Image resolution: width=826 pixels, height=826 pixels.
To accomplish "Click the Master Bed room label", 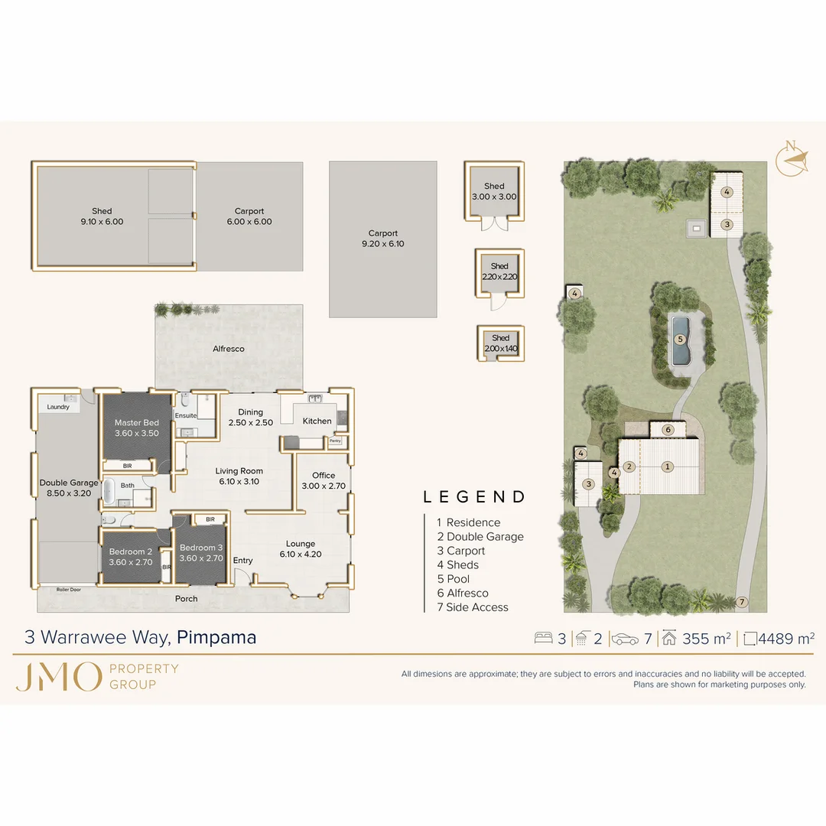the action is [x=136, y=422].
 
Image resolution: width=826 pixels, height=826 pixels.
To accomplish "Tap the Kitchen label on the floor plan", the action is [x=317, y=421].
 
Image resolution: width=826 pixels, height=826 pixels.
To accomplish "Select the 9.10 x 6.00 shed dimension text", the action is [x=102, y=222].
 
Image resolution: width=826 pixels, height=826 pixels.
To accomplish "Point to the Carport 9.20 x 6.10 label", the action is [x=383, y=238].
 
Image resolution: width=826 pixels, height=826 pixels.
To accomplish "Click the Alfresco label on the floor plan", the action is [x=229, y=349].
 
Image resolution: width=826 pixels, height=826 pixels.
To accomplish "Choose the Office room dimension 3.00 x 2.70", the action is [x=324, y=486].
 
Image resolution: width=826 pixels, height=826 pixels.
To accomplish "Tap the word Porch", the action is [x=187, y=599].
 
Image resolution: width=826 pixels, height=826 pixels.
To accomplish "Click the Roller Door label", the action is [x=69, y=590].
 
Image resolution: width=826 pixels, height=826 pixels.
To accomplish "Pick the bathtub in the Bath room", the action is [x=109, y=492].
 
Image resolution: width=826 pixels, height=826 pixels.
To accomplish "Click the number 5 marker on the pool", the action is [x=680, y=340].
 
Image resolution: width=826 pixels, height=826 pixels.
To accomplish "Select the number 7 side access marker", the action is [x=742, y=602].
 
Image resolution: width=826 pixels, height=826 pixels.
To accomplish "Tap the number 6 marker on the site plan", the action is [x=668, y=430].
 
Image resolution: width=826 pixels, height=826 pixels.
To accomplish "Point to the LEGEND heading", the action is [x=474, y=497].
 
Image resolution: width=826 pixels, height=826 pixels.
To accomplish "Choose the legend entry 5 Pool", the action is [x=453, y=579].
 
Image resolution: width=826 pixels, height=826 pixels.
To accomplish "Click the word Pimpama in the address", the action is [x=216, y=637].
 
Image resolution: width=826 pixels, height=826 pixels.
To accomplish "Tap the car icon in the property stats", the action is [x=625, y=639].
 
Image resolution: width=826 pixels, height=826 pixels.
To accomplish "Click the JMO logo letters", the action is [x=58, y=677].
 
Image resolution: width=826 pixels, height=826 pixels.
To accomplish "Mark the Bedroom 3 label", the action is [x=201, y=548].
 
